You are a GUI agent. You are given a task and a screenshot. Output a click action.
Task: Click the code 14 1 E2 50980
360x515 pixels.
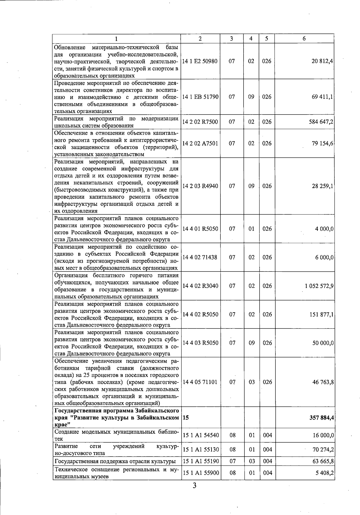pyautogui.click(x=200, y=61)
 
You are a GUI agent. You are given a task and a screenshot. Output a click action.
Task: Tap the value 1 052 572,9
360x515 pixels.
pyautogui.click(x=319, y=286)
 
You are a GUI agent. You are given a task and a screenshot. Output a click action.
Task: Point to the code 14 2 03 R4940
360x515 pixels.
pyautogui.click(x=200, y=186)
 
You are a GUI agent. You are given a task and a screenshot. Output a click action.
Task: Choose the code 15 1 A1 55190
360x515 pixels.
pyautogui.click(x=201, y=461)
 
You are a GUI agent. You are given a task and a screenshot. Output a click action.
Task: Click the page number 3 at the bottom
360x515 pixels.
pyautogui.click(x=194, y=485)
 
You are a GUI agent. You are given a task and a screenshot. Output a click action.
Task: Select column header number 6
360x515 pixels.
pyautogui.click(x=304, y=39)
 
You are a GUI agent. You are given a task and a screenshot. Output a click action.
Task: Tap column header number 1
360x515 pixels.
pyautogui.click(x=116, y=39)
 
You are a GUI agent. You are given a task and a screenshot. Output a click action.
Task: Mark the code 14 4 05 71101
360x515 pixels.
pyautogui.click(x=199, y=382)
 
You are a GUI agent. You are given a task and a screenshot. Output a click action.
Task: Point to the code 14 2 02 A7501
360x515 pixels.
pyautogui.click(x=200, y=143)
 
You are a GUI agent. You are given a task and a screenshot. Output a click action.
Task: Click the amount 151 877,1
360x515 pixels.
pyautogui.click(x=322, y=314)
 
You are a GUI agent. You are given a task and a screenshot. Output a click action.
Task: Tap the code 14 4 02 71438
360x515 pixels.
pyautogui.click(x=199, y=257)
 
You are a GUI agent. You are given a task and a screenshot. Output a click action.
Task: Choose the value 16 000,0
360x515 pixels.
pyautogui.click(x=323, y=435)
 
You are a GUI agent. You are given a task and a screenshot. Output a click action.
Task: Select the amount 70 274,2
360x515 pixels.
pyautogui.click(x=323, y=450)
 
